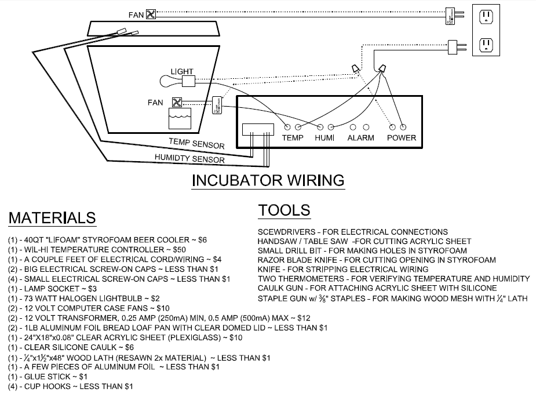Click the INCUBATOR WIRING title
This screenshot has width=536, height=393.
point(268,180)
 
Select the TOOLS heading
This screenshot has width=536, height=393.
point(284,210)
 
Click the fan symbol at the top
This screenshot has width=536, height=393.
point(151,14)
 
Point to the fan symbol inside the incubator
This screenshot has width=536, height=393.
point(177,103)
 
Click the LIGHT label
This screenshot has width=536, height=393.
point(181,71)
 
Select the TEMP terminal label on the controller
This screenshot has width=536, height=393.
point(293,138)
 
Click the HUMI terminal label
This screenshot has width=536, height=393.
point(325,138)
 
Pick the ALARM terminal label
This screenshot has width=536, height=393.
point(360,138)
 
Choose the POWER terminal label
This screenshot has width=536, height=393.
point(401,138)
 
